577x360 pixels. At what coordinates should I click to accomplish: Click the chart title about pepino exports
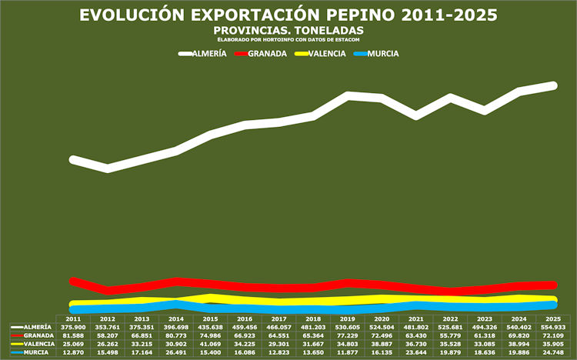pyautogui.click(x=288, y=15)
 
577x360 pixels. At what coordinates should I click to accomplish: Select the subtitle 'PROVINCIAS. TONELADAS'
pyautogui.click(x=288, y=30)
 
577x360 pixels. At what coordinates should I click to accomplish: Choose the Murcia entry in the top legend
pyautogui.click(x=382, y=54)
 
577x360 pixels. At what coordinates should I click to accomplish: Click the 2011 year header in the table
pyautogui.click(x=74, y=318)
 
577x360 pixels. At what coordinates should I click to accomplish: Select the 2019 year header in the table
pyautogui.click(x=347, y=318)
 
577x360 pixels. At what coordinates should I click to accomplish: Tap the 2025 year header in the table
pyautogui.click(x=552, y=318)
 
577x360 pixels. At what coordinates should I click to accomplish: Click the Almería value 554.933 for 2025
pyautogui.click(x=552, y=327)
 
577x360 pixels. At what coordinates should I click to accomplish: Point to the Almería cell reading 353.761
pyautogui.click(x=108, y=327)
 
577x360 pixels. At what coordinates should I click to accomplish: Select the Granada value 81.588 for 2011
pyautogui.click(x=74, y=335)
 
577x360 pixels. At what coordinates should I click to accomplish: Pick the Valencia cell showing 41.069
pyautogui.click(x=210, y=344)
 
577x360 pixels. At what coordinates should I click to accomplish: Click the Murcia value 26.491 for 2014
pyautogui.click(x=176, y=352)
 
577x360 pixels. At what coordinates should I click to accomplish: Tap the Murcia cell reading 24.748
pyautogui.click(x=552, y=352)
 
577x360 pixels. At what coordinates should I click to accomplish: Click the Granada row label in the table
pyautogui.click(x=38, y=335)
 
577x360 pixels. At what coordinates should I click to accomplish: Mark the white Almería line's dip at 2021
pyautogui.click(x=416, y=115)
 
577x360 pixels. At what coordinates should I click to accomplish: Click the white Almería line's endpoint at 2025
pyautogui.click(x=553, y=85)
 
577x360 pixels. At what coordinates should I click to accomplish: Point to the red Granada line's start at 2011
pyautogui.click(x=74, y=282)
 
